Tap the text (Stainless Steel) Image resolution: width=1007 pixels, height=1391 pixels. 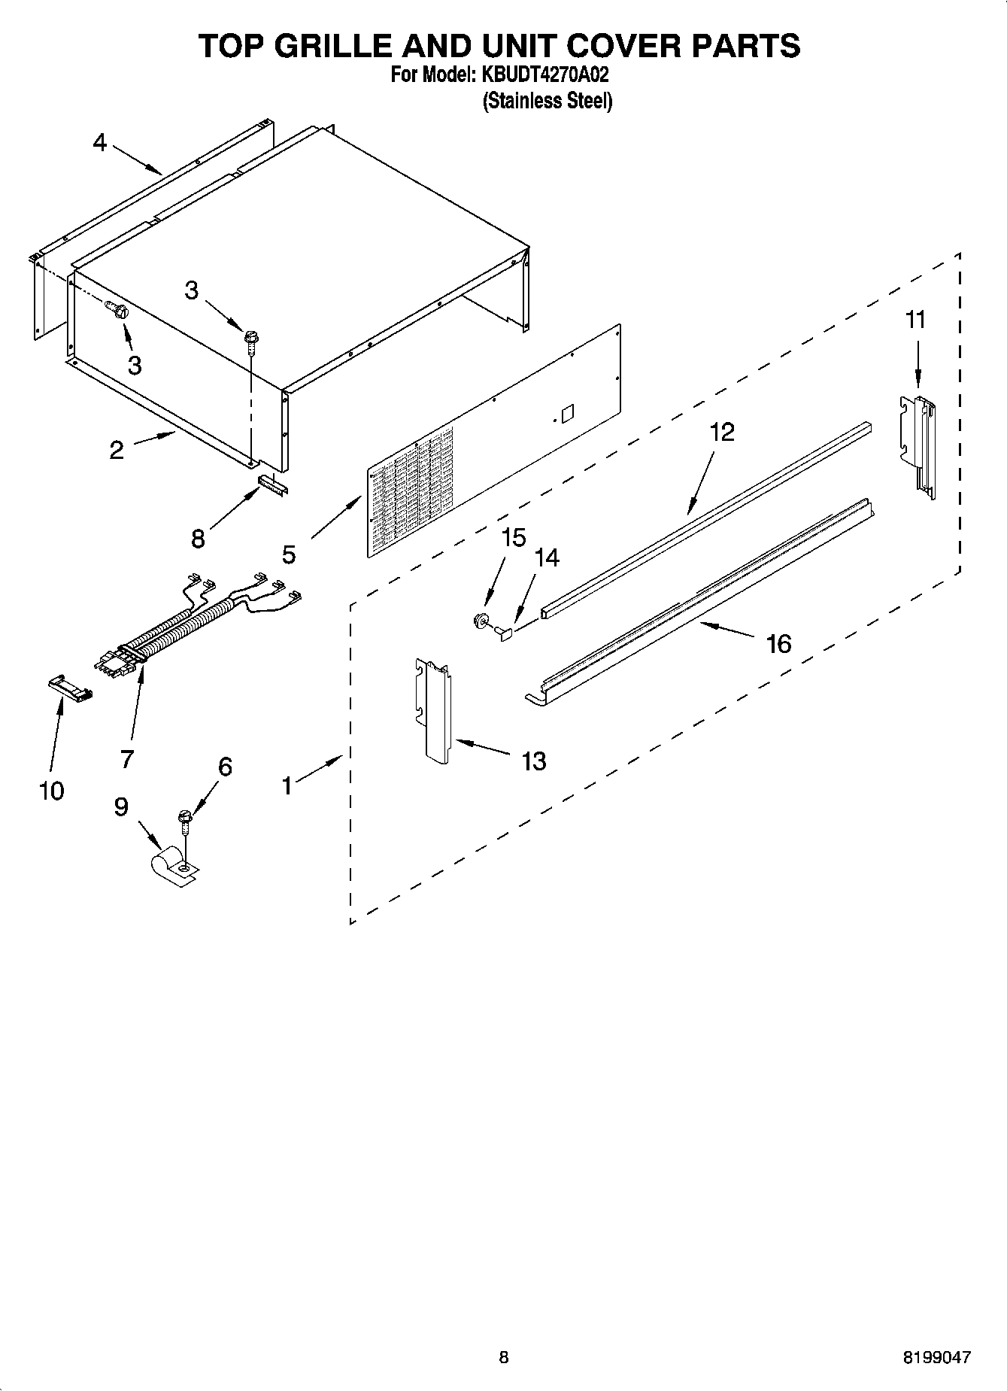coord(547,100)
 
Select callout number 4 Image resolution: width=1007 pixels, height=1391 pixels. coord(100,142)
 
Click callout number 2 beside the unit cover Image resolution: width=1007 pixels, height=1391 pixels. coord(117,450)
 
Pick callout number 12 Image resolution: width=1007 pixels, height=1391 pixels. coord(721,432)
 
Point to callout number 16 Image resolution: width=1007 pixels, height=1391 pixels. coord(778,644)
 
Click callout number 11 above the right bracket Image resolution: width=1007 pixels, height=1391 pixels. coord(915,320)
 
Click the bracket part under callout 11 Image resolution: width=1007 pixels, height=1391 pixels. coord(919,448)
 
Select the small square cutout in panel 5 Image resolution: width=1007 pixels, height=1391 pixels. coord(568,414)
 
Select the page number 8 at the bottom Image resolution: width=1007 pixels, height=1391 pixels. coord(503,1357)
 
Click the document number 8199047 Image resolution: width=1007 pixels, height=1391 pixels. coord(936,1357)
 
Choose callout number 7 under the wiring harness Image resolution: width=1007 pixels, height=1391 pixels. coord(126,758)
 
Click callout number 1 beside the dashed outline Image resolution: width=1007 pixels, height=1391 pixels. coord(287,785)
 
